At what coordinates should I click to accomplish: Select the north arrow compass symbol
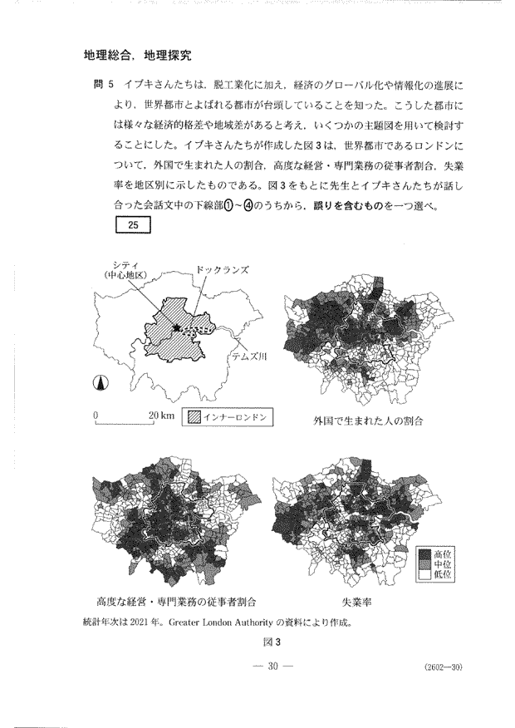coord(99,384)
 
